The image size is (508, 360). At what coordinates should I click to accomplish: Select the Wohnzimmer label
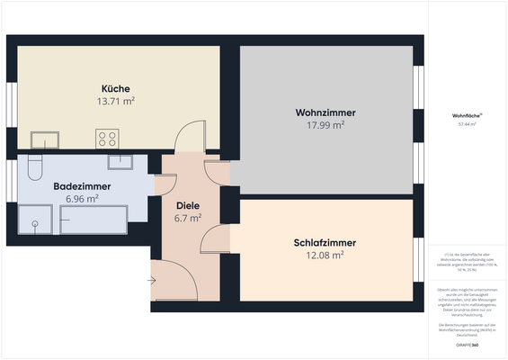[x=325, y=112]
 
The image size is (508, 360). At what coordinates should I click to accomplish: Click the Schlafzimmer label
[x=325, y=243]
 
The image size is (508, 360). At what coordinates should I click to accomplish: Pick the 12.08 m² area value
[x=325, y=256]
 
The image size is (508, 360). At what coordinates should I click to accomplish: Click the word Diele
[x=187, y=204]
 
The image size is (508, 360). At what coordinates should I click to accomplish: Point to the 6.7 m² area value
[x=187, y=217]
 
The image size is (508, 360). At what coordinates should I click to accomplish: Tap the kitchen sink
[x=44, y=139]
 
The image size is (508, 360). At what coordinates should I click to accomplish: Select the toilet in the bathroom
[x=35, y=167]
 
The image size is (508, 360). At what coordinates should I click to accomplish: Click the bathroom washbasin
[x=120, y=161]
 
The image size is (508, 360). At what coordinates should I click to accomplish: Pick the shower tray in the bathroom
[x=36, y=220]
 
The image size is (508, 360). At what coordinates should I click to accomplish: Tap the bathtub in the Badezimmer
[x=94, y=219]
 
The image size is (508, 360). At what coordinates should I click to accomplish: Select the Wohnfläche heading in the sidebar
[x=467, y=114]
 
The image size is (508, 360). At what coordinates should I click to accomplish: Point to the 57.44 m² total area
[x=467, y=125]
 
